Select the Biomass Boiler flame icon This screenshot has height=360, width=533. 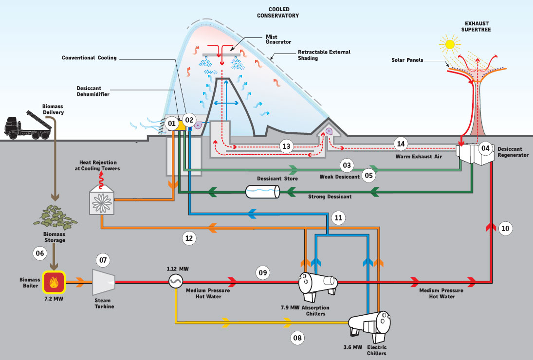click(x=54, y=281)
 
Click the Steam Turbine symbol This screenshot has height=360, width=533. click(x=104, y=281)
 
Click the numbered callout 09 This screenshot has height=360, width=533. click(x=263, y=273)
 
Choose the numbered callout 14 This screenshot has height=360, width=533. click(x=401, y=144)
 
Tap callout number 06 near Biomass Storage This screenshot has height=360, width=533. click(x=40, y=252)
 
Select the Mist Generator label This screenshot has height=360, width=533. click(x=272, y=39)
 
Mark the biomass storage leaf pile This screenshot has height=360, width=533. click(x=54, y=216)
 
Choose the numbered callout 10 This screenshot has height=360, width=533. click(x=506, y=228)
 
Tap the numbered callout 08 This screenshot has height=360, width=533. click(x=298, y=337)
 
